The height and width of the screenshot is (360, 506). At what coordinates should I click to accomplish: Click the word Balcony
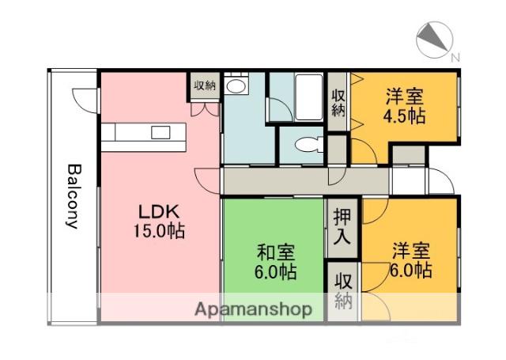(x=73, y=196)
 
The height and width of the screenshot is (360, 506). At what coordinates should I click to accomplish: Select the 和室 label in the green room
(x=276, y=253)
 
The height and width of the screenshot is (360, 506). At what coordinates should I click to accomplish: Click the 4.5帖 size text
(x=404, y=116)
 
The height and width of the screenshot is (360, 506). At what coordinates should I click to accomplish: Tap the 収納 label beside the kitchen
(x=204, y=85)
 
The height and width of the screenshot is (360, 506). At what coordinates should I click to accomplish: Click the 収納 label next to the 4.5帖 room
(x=338, y=103)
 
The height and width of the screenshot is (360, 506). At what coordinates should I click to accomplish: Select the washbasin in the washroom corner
(x=236, y=85)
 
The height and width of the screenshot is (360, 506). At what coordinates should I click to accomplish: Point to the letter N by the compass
(x=455, y=58)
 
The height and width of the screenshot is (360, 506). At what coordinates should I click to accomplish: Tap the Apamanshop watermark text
(x=253, y=309)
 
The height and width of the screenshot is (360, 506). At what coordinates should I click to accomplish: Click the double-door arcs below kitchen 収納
(x=204, y=108)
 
